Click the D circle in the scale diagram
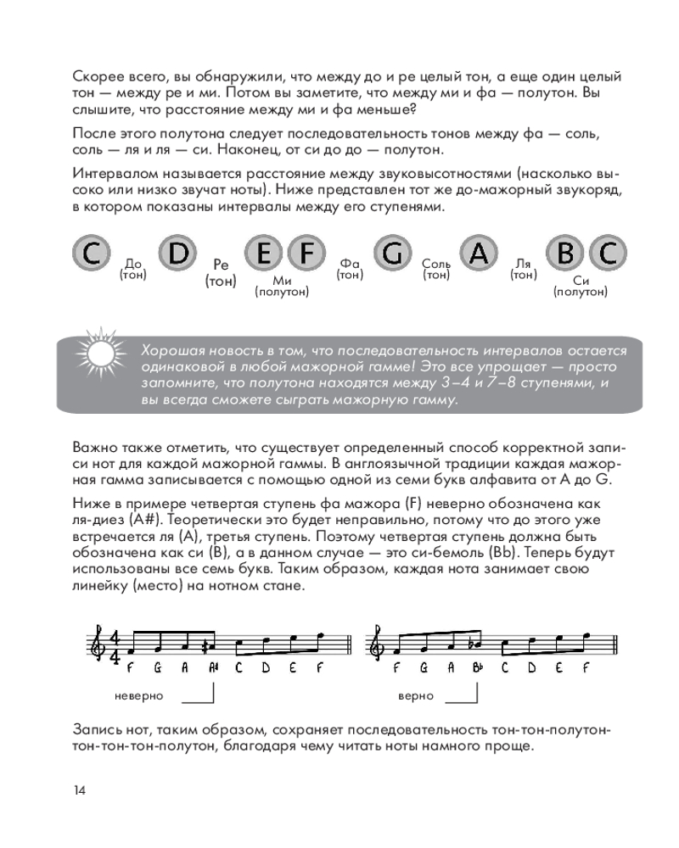178,252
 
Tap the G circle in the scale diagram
390,252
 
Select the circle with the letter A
480,252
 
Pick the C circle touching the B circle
608,252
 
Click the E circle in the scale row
265,252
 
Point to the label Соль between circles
436,264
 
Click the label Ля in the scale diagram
524,264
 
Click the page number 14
79,790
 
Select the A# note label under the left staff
214,669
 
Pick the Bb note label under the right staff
479,669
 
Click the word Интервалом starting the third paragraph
110,173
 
